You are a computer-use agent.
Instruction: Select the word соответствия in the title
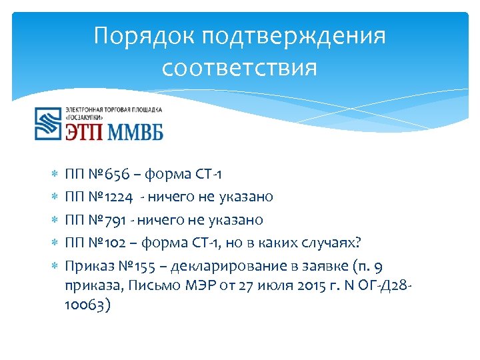[x=239, y=68]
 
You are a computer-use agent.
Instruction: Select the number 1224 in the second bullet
[x=121, y=197]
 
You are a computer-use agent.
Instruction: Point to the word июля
[x=268, y=287]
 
